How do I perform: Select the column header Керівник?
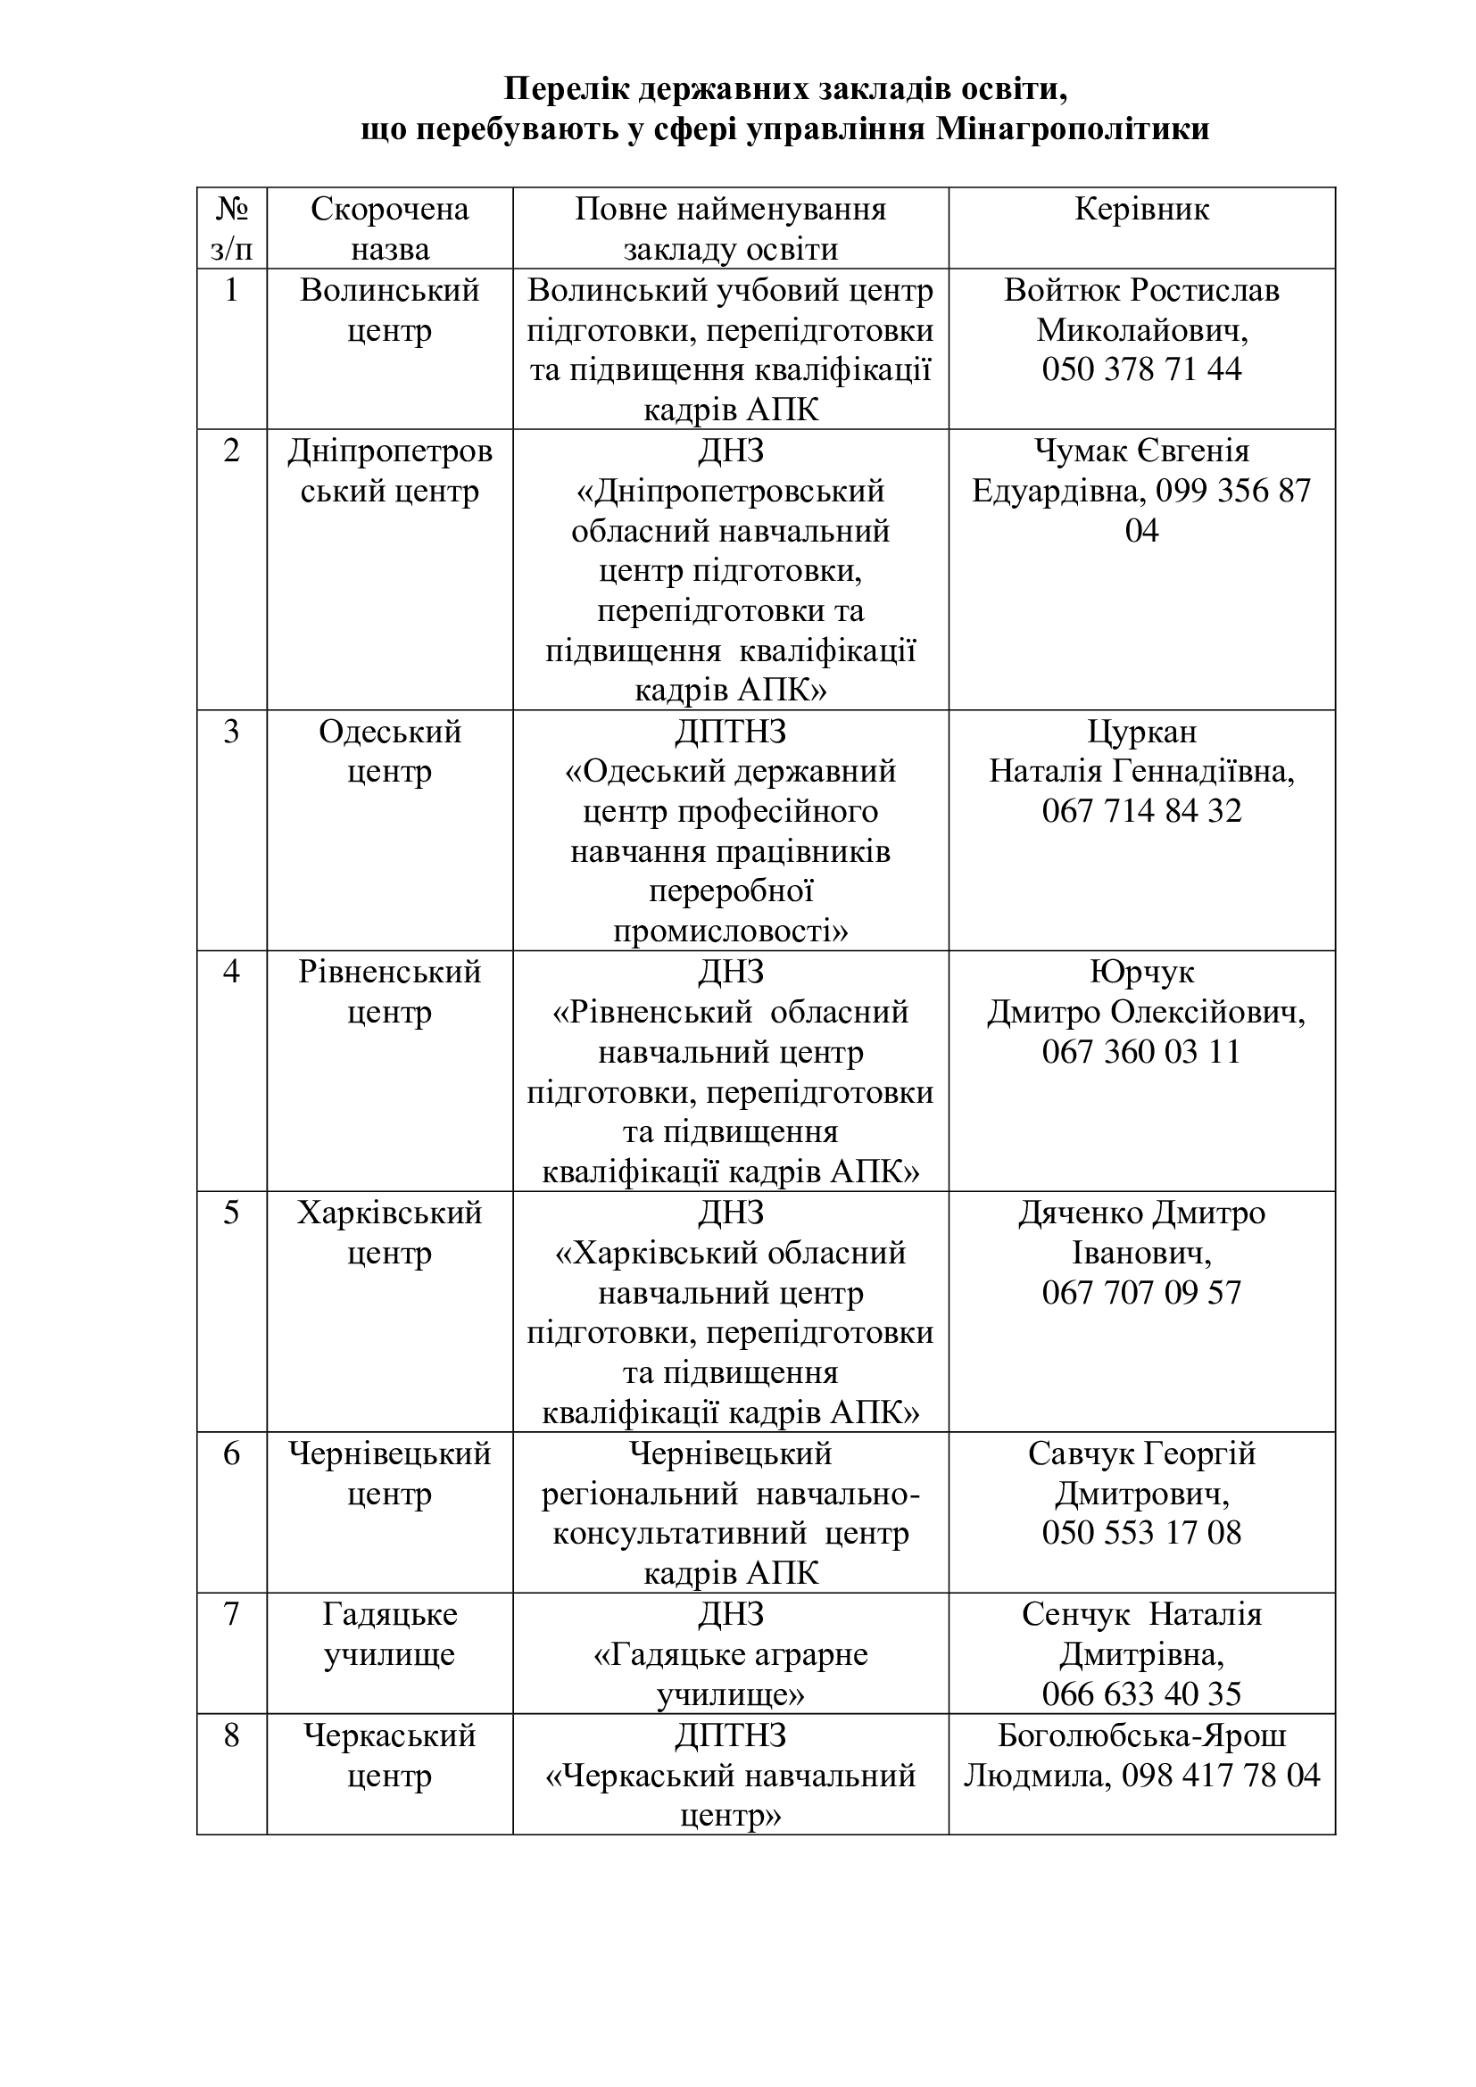[1141, 210]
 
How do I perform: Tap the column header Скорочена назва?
[390, 228]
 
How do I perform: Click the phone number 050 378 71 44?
[1141, 369]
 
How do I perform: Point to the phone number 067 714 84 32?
[1141, 811]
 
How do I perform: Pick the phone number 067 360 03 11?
[1141, 1052]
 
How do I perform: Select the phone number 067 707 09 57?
[1141, 1293]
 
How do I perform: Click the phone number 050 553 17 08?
[1141, 1533]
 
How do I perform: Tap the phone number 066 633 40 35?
[1141, 1694]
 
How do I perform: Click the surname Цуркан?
[1141, 732]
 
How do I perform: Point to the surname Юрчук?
[1141, 973]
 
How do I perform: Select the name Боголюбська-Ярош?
[1141, 1735]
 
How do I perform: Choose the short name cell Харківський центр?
[390, 1232]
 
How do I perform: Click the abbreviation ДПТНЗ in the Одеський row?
[731, 732]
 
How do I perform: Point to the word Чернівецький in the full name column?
[731, 1453]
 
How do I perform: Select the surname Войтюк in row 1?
[1063, 291]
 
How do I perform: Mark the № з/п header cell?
[232, 228]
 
